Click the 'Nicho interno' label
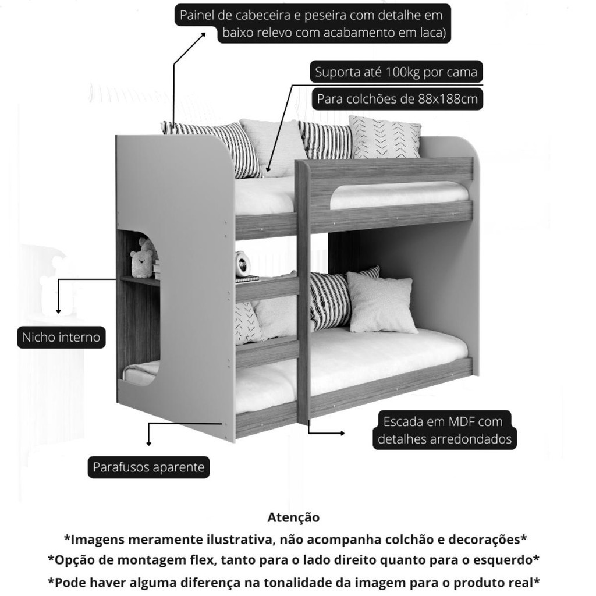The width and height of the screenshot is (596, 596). (61, 337)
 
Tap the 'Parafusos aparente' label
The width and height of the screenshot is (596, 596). (148, 467)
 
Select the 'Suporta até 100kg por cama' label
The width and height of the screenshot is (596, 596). (396, 72)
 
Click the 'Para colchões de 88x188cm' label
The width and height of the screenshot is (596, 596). (397, 99)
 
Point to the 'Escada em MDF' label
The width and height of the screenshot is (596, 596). (443, 421)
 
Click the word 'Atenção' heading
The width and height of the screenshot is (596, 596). (293, 517)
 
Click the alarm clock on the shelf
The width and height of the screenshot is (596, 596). (243, 264)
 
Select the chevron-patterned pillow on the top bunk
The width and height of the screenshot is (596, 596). (384, 137)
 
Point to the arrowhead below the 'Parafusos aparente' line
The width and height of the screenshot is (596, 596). (148, 443)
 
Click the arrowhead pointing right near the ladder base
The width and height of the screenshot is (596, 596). (342, 433)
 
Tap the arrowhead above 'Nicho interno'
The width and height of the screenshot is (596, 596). (58, 311)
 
